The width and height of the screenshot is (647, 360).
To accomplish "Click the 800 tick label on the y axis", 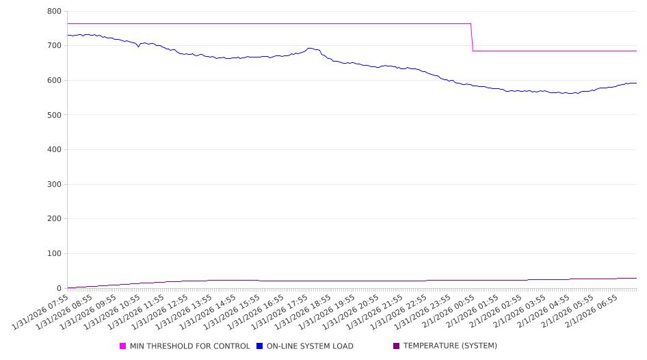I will [x=54, y=12].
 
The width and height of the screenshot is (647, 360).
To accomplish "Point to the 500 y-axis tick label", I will [x=54, y=115].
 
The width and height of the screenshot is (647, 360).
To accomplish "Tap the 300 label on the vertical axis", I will [x=54, y=185].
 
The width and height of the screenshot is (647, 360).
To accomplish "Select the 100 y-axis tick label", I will [x=54, y=254].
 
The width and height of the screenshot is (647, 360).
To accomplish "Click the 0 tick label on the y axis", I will [x=59, y=288].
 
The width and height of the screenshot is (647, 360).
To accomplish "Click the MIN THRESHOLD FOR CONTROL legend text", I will [x=189, y=346].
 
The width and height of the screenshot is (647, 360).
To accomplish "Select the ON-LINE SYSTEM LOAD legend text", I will [x=310, y=346].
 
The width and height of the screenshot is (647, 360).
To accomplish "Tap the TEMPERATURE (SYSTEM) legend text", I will [x=450, y=346].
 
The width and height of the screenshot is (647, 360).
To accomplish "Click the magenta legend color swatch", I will [x=123, y=346].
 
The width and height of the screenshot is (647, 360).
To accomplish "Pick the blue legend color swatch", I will [x=260, y=346].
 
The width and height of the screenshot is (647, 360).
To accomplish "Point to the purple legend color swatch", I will [x=397, y=346].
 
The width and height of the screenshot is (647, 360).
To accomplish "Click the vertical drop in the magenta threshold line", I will [x=472, y=37].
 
